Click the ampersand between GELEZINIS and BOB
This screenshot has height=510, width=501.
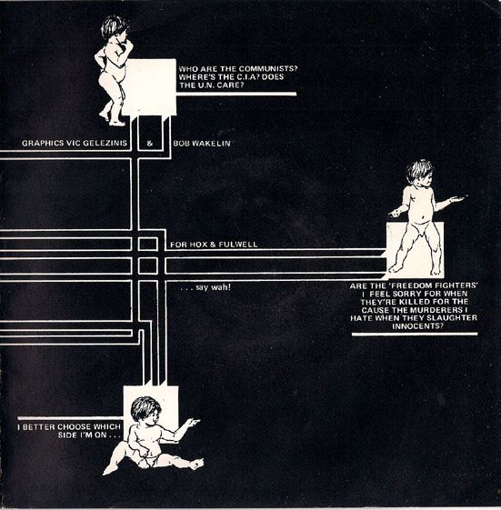pos(150,144)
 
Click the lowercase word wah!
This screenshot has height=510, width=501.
pos(221,287)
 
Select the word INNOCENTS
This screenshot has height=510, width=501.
pos(417,326)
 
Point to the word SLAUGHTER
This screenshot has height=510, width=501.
pos(456,318)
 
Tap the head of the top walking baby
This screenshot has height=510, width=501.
pos(115,27)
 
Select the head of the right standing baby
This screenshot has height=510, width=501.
pos(420,174)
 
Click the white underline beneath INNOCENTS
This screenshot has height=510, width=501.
pos(415,334)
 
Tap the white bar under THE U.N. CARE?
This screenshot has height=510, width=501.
pos(236,94)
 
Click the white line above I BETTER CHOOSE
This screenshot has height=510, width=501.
pos(71,418)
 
